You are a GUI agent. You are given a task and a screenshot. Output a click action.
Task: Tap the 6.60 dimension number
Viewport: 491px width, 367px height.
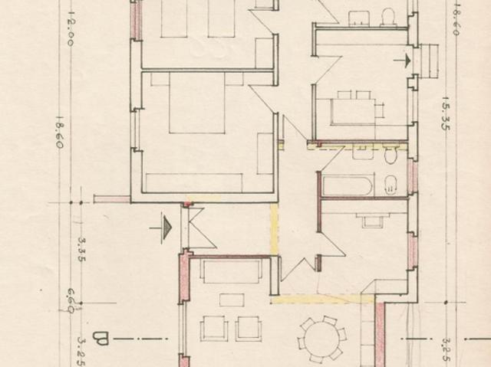pyautogui.click(x=70, y=297)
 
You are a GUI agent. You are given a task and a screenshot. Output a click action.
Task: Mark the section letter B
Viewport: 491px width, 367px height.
pyautogui.click(x=101, y=337)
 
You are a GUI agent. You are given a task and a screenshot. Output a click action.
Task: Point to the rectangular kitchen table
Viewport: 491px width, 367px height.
pyautogui.click(x=352, y=108)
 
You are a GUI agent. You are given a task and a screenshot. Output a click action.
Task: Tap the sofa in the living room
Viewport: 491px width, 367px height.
pyautogui.click(x=229, y=270)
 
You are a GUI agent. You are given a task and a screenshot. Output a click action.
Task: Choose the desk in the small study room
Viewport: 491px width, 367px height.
pyautogui.click(x=374, y=221)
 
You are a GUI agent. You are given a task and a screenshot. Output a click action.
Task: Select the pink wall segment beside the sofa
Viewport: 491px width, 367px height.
pyautogui.click(x=183, y=276)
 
